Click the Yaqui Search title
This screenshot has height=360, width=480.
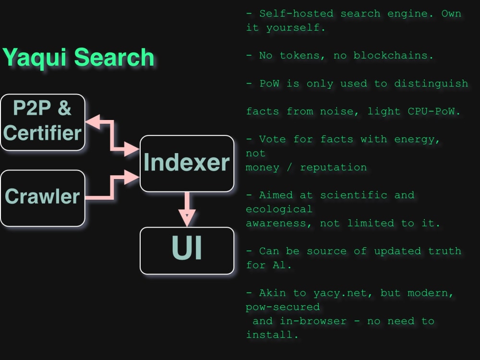(78, 58)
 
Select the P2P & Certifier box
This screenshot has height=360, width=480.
(43, 122)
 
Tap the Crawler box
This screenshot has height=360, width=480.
(43, 198)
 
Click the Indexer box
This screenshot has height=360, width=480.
(187, 164)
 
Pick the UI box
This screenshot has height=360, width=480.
(187, 251)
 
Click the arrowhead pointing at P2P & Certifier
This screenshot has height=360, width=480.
(93, 121)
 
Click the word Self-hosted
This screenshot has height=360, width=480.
(296, 13)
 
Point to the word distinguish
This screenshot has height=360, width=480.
(431, 84)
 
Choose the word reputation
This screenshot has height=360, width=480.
(333, 168)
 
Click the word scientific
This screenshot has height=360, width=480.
(354, 195)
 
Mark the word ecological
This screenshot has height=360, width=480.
(279, 209)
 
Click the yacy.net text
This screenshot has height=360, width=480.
(340, 293)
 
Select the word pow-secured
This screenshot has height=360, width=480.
(283, 307)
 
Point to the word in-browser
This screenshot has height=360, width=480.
(313, 321)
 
